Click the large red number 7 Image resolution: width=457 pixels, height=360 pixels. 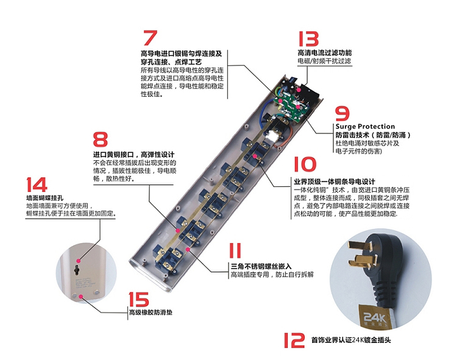(149, 38)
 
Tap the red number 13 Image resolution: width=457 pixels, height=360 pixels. (308, 40)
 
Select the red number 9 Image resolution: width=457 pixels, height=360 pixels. (342, 114)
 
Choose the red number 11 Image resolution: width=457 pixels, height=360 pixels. (235, 251)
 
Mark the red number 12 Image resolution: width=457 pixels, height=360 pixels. (294, 340)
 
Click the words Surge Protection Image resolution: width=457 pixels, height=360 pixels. (365, 127)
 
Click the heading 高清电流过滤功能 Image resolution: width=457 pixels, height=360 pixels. (324, 53)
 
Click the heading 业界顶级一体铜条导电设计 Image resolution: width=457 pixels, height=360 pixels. (333, 182)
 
